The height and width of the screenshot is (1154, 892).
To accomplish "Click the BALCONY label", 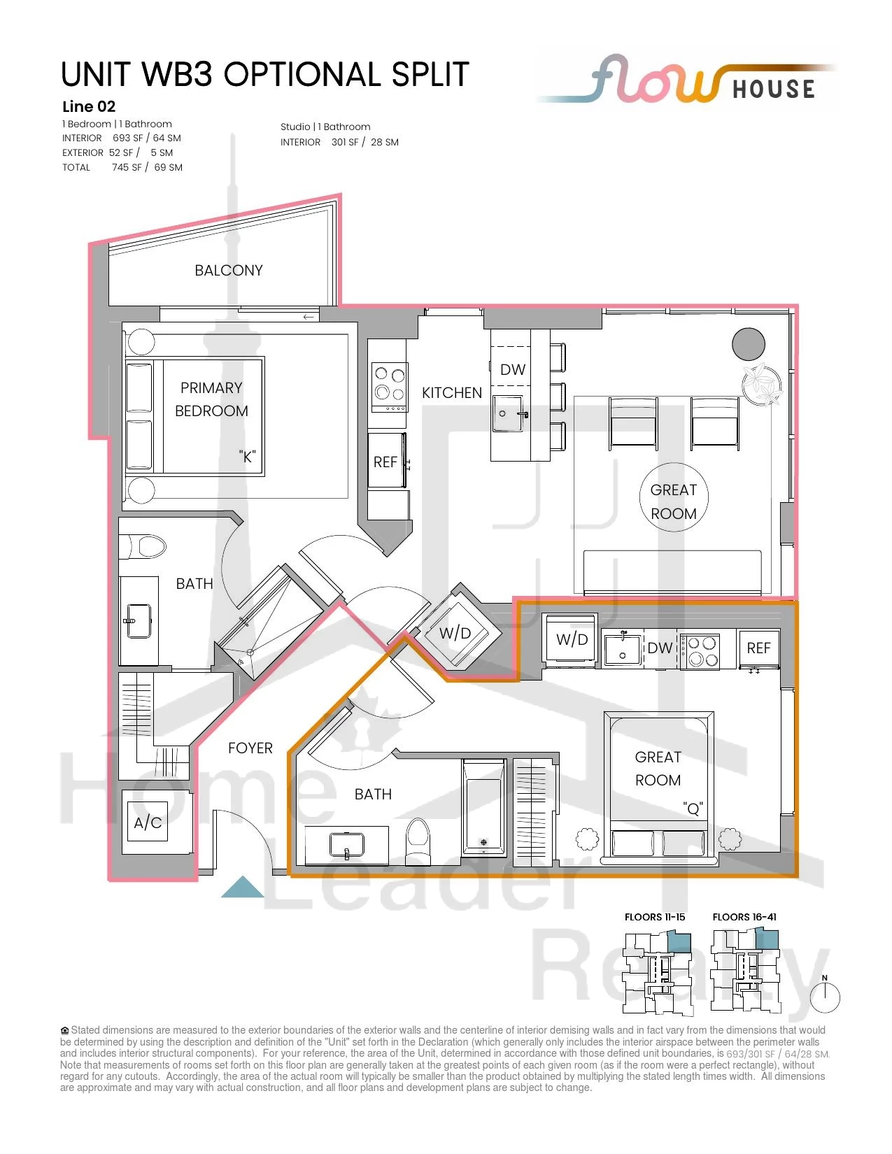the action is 229,270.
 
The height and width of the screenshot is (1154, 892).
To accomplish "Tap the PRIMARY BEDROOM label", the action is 211,399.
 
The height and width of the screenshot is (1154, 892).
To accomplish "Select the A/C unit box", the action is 148,822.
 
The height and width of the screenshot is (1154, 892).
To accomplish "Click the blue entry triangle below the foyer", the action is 242,887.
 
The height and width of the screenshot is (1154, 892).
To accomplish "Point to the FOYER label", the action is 250,748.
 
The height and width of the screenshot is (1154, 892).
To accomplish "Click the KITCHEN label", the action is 452,392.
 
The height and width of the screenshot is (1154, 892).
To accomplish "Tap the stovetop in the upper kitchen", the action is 390,387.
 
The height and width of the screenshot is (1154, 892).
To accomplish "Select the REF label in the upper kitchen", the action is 385,462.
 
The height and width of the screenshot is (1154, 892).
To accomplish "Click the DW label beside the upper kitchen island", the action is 513,369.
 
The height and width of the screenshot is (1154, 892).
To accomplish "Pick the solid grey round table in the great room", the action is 748,344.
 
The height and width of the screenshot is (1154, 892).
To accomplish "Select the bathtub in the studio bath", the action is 483,806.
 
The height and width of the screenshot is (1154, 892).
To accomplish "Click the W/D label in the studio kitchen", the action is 572,639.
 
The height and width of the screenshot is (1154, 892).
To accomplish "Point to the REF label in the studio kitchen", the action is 758,648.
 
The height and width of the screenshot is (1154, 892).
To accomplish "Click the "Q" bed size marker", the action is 693,808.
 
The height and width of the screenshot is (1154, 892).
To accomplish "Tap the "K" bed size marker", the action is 247,456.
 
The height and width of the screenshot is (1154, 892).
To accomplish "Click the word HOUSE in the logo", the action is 774,89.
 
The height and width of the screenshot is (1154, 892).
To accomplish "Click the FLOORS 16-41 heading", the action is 744,917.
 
